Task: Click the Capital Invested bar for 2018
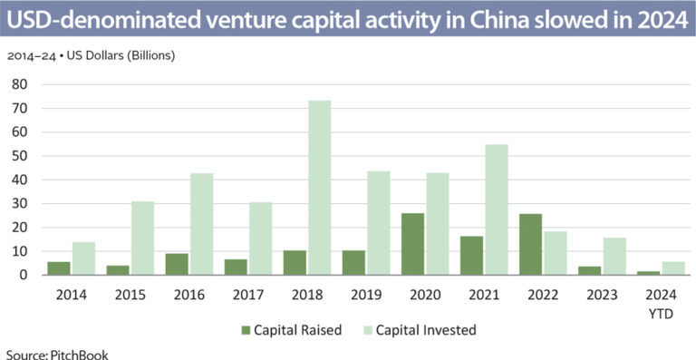319,188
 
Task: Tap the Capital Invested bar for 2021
497,209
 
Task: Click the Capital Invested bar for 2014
83,258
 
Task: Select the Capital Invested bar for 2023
614,257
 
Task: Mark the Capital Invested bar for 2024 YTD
674,268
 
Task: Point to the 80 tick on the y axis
19,84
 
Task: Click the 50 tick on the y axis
19,156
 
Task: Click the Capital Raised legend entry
290,329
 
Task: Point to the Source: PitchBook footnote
56,354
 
